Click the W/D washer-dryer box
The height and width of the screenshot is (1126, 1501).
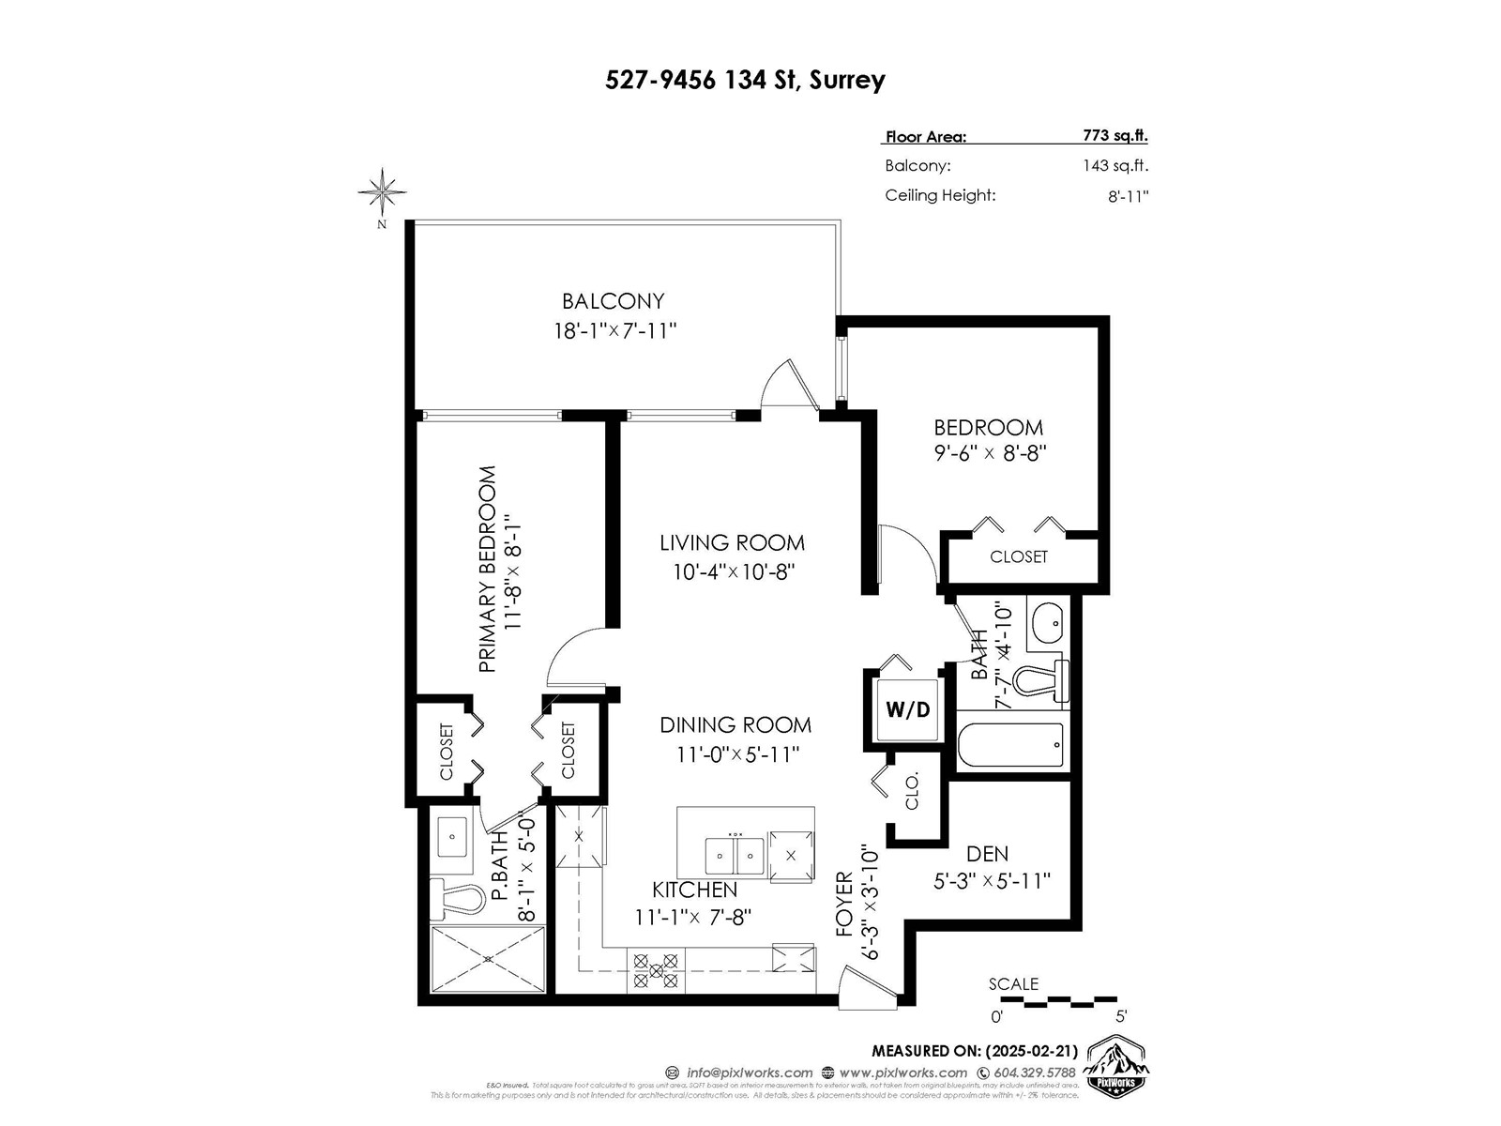point(908,709)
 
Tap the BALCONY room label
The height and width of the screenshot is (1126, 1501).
point(614,301)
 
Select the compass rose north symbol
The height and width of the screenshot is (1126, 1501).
point(382,191)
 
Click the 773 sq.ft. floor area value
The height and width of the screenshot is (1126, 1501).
point(1114,135)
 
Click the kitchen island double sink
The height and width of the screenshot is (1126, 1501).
point(735,855)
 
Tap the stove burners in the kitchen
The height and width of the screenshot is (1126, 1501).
point(656,970)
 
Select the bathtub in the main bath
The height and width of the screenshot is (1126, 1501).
point(1010,745)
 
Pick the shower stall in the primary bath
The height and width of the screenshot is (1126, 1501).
point(488,959)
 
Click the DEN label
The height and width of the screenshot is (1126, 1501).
point(987,854)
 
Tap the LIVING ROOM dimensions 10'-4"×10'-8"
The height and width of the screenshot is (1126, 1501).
point(734,571)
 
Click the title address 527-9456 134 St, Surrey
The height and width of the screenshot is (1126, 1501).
point(745,80)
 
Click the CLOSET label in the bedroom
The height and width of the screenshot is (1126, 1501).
point(1018,556)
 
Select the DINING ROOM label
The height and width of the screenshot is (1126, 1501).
point(735,724)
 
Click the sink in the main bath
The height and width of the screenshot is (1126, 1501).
point(1046,620)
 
